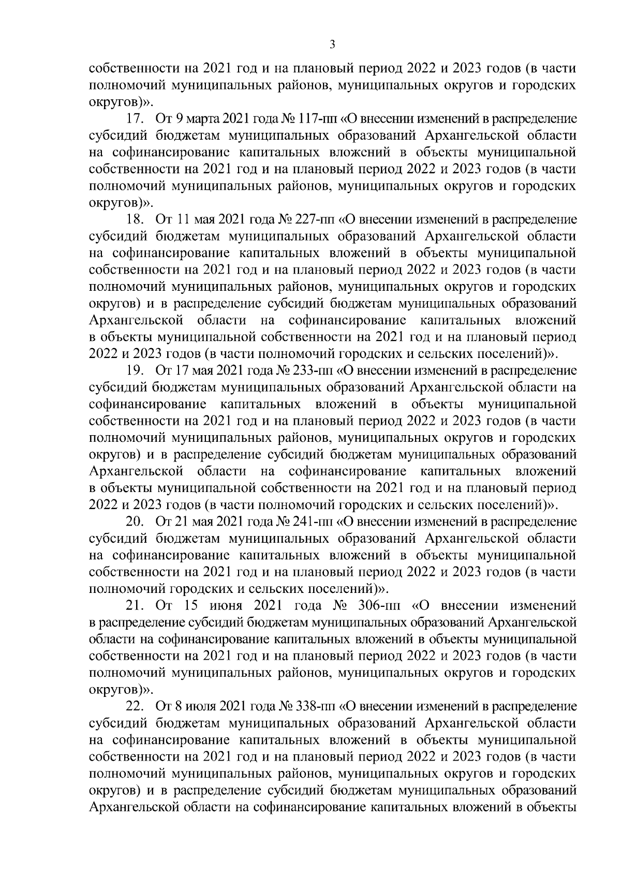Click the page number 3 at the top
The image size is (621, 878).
333,46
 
